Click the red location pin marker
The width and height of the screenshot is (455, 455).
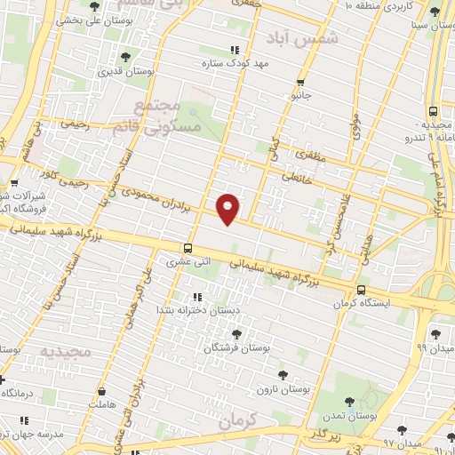coord(228,208)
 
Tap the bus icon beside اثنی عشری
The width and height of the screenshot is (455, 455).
coord(187,248)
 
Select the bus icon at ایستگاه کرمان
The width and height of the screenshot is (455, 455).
coord(361,290)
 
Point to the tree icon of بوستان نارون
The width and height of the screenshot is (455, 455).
coord(283,375)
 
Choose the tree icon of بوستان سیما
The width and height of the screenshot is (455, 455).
coord(434,12)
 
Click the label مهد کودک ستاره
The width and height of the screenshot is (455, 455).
coord(235,64)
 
